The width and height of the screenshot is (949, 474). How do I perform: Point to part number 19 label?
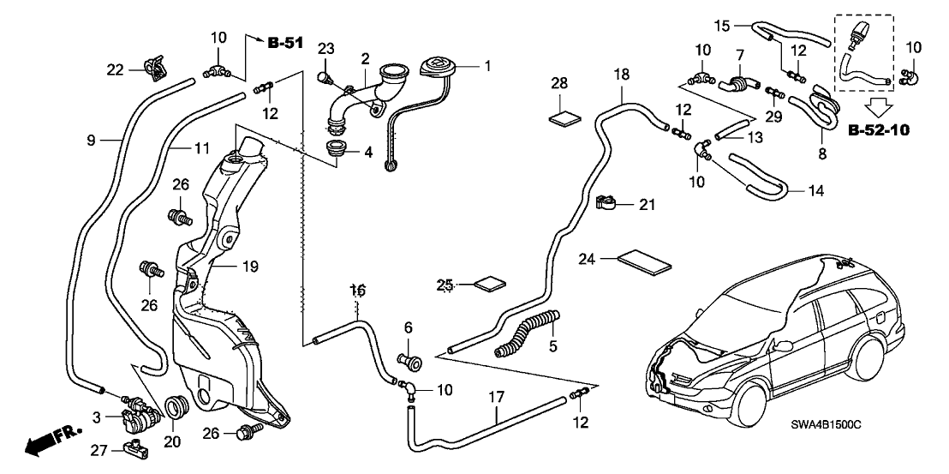pos(249,267)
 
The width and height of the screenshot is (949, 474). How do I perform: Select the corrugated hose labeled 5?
pos(526,333)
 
